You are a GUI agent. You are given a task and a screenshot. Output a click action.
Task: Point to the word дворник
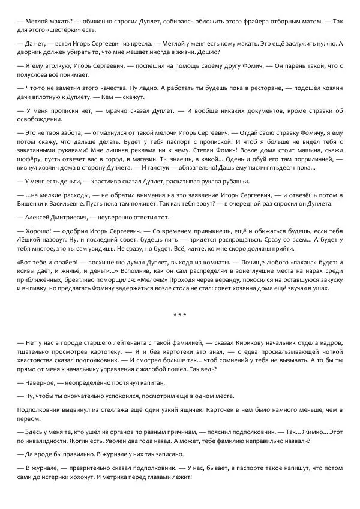[31, 52]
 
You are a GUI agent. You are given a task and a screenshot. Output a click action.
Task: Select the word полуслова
[35, 75]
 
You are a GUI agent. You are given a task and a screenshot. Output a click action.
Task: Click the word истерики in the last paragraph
[63, 477]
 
